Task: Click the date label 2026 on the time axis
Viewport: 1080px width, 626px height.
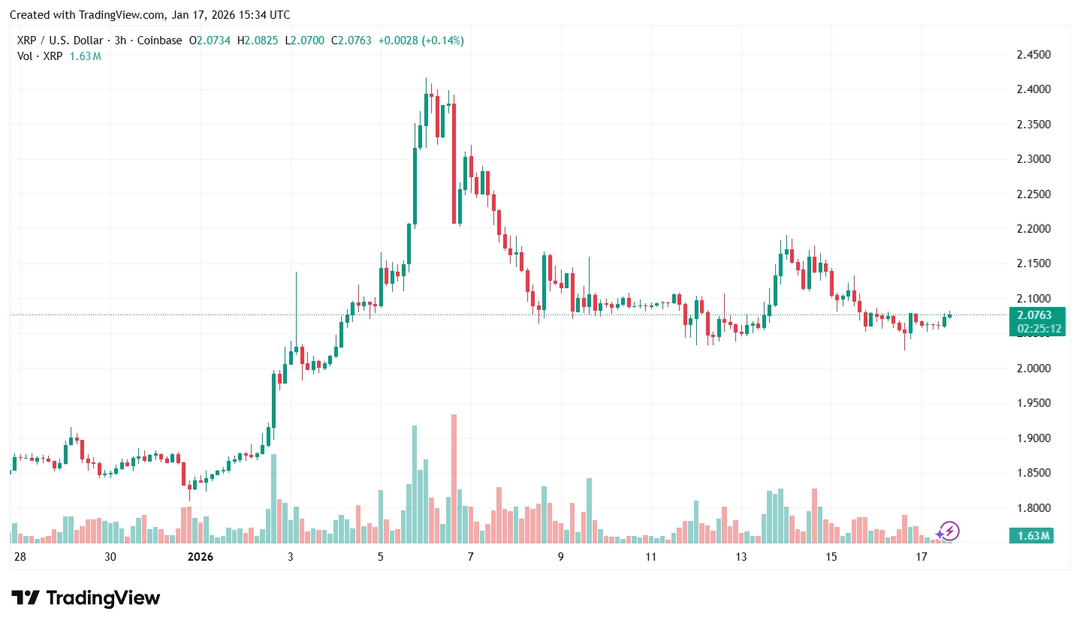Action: (201, 557)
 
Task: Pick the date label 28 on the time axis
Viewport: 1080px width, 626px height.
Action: (20, 557)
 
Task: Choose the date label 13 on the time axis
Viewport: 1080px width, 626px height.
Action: (741, 557)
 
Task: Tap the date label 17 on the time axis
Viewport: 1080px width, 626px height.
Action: (922, 557)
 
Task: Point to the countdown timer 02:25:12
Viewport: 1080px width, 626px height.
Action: (1039, 329)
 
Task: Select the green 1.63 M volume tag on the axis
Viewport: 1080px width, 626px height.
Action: (1034, 536)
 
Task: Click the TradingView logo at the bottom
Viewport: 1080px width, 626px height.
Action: (86, 598)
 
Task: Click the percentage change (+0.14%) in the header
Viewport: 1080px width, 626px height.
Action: (443, 41)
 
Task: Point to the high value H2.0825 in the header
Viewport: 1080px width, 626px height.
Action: (257, 41)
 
